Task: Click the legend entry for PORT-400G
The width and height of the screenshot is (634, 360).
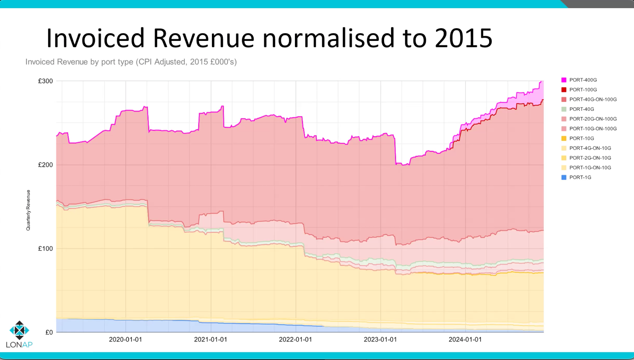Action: [x=583, y=80]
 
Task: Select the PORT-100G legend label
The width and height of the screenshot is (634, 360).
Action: [x=583, y=90]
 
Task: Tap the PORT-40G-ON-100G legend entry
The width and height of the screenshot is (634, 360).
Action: [x=593, y=99]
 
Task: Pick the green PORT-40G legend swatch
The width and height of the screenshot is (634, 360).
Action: [x=564, y=109]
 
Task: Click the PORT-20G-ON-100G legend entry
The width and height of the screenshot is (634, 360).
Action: [x=593, y=119]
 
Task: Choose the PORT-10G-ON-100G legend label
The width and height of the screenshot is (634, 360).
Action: [x=593, y=129]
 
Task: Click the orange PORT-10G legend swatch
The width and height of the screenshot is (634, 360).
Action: [x=564, y=139]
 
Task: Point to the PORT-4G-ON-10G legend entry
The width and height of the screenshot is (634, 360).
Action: [x=590, y=148]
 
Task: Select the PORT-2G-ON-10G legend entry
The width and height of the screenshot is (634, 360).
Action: [x=590, y=158]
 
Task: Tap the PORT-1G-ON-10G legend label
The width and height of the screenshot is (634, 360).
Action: [x=590, y=168]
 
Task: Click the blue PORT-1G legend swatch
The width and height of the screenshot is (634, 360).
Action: [x=564, y=178]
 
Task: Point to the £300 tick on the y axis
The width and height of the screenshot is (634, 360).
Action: [x=45, y=81]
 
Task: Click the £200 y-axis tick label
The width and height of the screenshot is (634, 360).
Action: [x=45, y=165]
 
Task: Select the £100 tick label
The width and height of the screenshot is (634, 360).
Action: [x=45, y=249]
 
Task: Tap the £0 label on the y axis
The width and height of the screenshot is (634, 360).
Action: [x=49, y=332]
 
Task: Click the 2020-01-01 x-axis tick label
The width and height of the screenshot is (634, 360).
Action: [x=125, y=340]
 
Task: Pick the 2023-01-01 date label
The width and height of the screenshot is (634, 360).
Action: [x=380, y=340]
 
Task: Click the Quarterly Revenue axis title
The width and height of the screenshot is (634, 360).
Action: [x=28, y=210]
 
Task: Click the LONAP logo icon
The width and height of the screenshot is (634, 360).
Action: [x=19, y=330]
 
